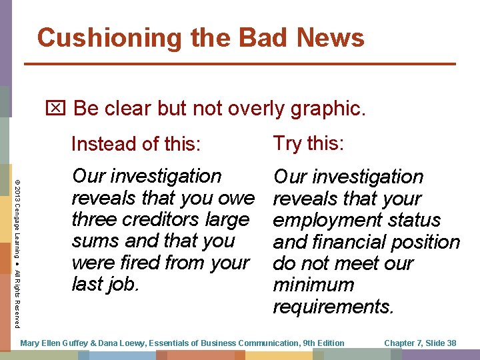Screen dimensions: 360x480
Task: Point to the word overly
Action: point(252,108)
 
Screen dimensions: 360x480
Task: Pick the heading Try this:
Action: point(308,143)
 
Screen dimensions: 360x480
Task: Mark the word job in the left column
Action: point(124,284)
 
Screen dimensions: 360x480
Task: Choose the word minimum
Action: point(313,285)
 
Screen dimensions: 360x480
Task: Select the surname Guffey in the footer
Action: point(75,343)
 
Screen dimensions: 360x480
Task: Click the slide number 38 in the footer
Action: point(450,343)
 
